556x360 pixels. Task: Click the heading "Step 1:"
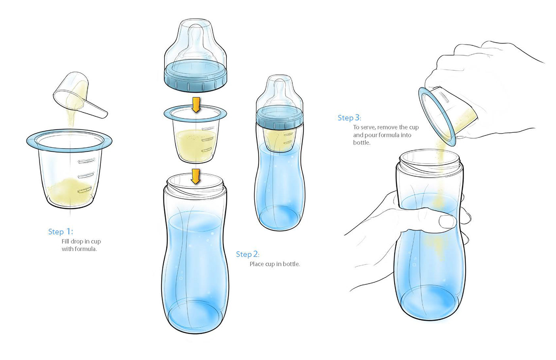pos(60,232)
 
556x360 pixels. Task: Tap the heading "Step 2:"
pos(247,254)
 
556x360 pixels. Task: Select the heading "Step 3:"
pos(349,118)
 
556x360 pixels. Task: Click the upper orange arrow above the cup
pos(196,105)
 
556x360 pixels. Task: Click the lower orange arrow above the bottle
pos(196,176)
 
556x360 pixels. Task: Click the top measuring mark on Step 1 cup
pos(87,161)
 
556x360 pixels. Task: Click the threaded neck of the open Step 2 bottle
pos(195,186)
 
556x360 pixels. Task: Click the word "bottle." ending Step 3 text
pos(362,143)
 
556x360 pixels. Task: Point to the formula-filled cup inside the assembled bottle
pos(280,139)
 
